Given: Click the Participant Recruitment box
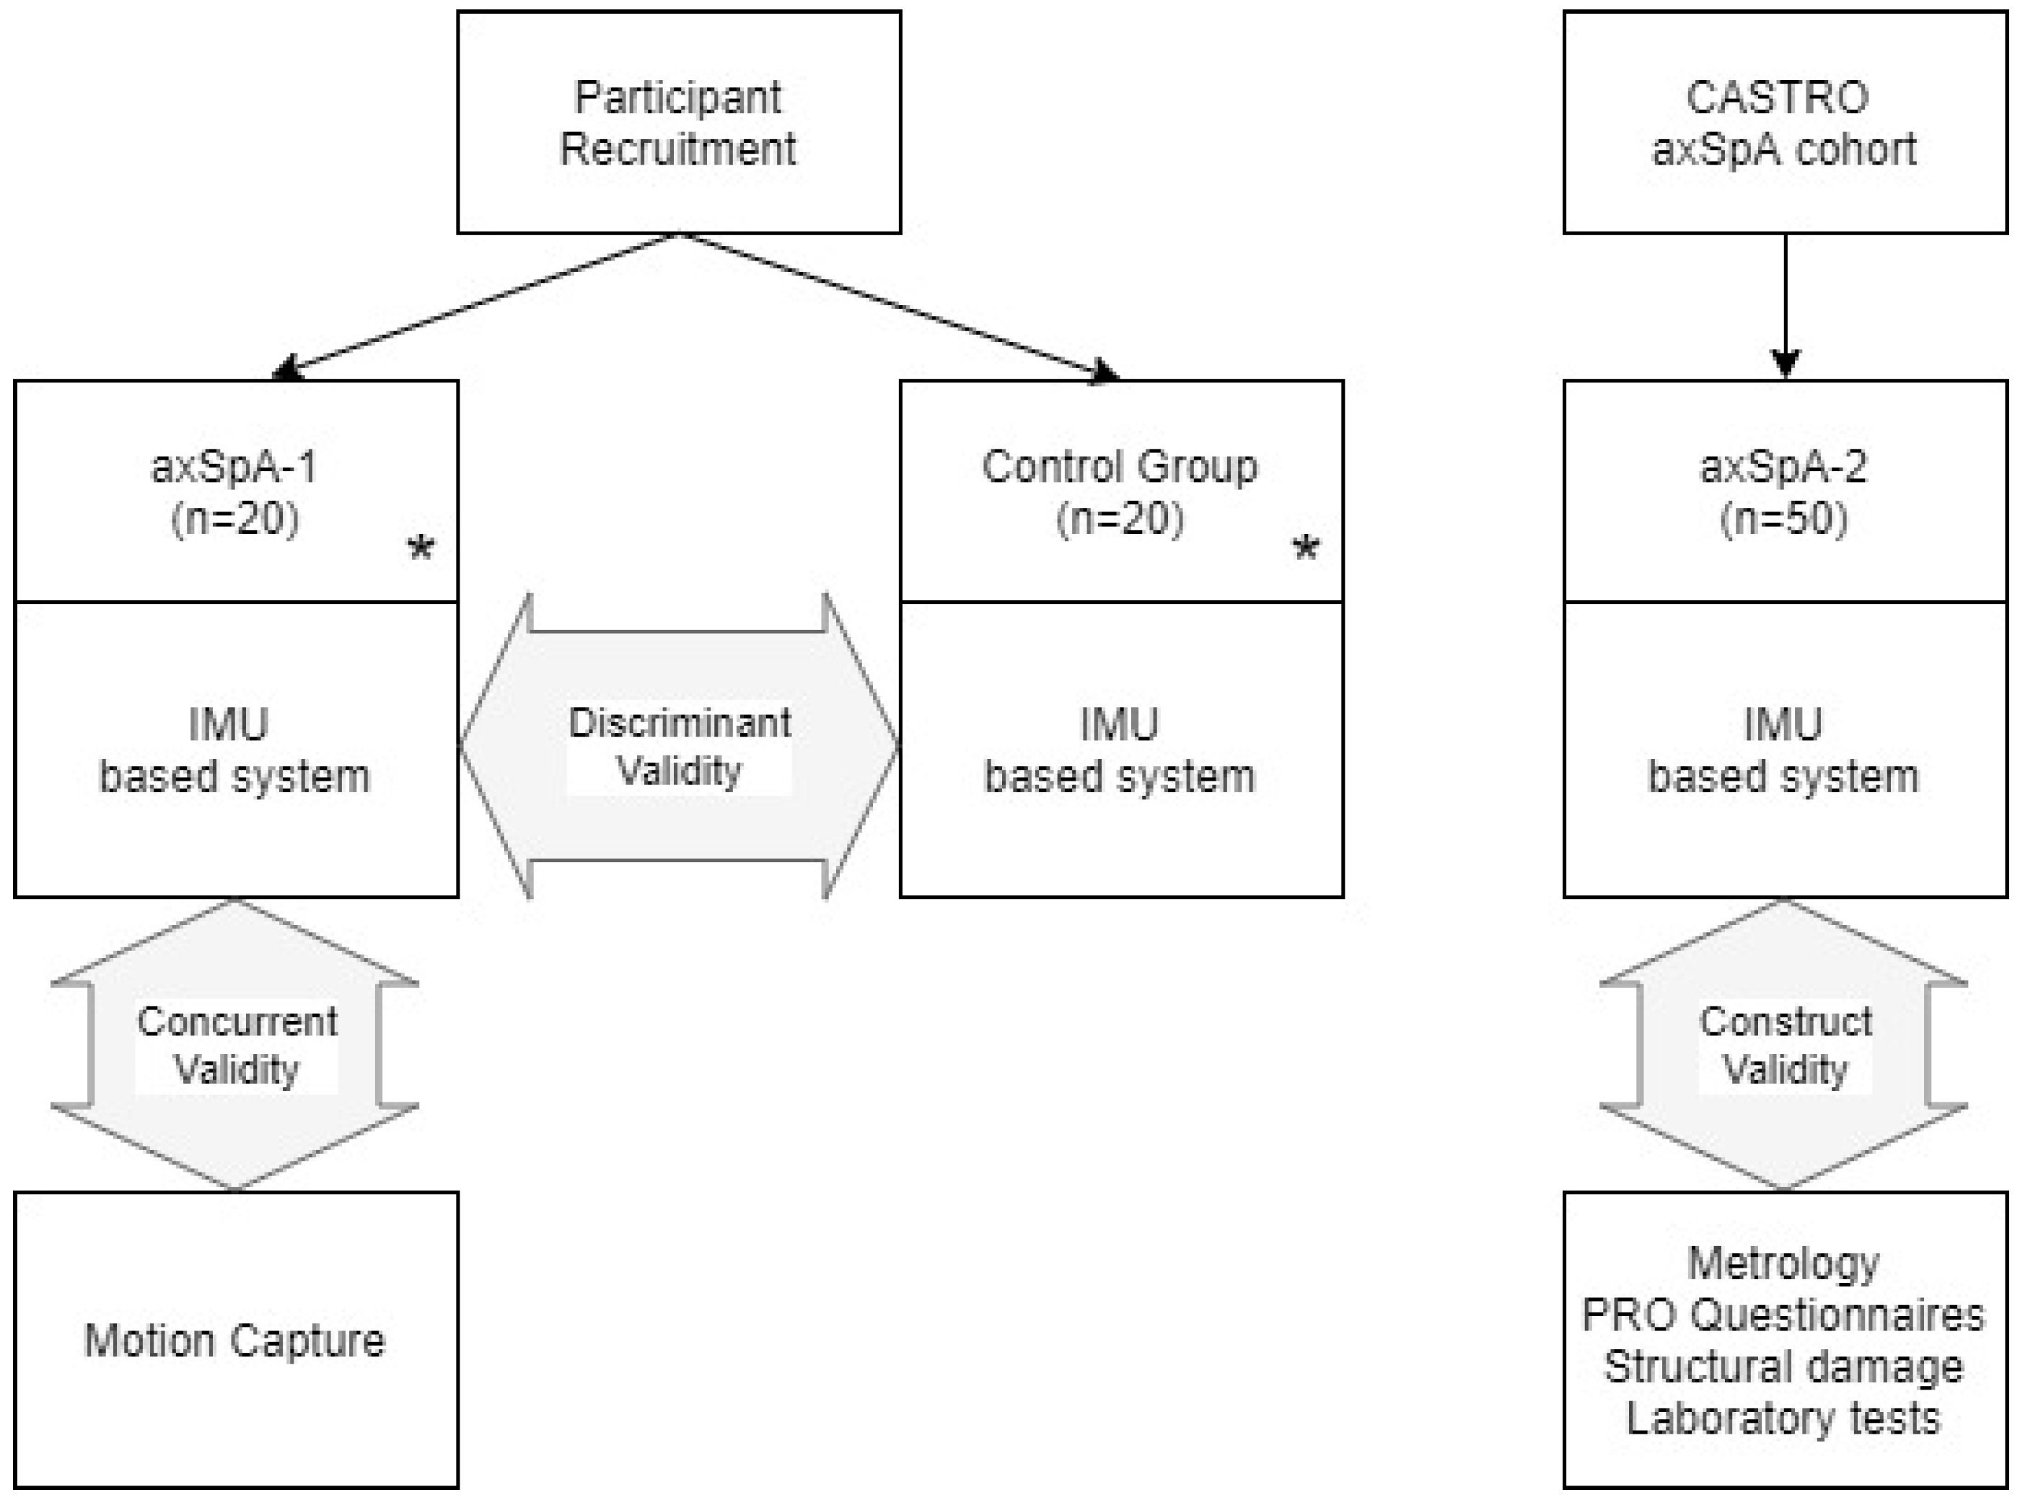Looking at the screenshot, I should coord(678,123).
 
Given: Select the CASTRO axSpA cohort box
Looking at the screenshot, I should coord(1784,123).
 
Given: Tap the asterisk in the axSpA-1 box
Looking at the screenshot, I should coord(421,548).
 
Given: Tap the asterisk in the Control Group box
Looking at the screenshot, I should coord(1306,548).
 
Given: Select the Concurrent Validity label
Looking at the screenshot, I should coord(236,1045).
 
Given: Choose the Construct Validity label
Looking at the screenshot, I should coord(1785,1045).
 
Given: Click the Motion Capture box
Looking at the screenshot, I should coord(235,1341).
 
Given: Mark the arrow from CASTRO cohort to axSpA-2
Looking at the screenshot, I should coord(1785,304).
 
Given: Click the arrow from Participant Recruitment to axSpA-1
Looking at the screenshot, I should coord(477,304).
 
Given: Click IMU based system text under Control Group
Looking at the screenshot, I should coord(1120,750).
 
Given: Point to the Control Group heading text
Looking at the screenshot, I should coord(1120,467).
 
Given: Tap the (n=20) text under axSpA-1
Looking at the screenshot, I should coord(235,519).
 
